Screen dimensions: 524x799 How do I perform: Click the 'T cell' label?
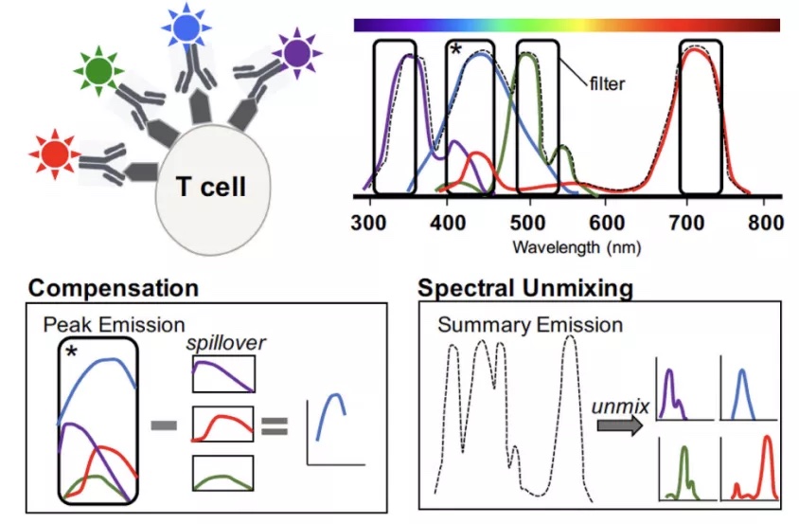click(x=211, y=187)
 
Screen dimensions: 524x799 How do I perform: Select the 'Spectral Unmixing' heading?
click(x=525, y=286)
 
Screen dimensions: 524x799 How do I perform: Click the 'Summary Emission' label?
click(x=530, y=326)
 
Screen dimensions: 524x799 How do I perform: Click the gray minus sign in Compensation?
click(x=166, y=425)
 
